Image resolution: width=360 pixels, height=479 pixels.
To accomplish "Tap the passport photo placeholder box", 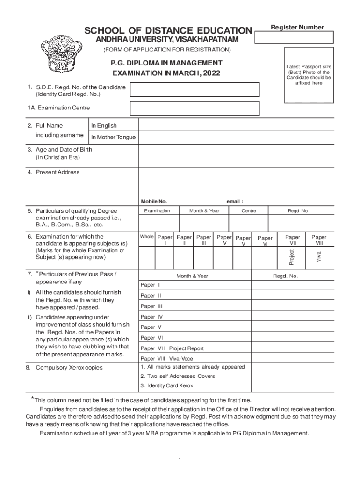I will tap(309, 75).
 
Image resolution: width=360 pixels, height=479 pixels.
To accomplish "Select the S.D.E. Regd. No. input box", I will tap(194, 90).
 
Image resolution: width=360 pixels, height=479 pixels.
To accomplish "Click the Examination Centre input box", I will tap(194, 108).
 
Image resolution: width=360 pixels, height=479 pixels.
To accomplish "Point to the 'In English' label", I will tap(104, 126).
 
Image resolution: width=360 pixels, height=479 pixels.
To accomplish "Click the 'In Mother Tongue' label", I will tap(113, 138).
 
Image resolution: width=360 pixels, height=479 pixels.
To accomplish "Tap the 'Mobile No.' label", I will tap(154, 202).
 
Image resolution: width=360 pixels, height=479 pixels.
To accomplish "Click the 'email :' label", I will tap(235, 202).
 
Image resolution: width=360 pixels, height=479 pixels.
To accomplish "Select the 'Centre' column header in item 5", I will tap(249, 211).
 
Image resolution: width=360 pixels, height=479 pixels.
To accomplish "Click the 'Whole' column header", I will tap(147, 237).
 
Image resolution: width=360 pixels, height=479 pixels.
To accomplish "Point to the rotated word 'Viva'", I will tap(318, 257).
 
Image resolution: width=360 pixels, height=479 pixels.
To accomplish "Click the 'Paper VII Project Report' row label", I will tap(172, 348).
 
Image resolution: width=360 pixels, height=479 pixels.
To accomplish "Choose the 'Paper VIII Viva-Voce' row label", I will tap(167, 359).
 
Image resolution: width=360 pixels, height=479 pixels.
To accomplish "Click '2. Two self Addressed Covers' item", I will tap(178, 376).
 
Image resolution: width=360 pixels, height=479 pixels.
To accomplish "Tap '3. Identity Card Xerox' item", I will tap(166, 386).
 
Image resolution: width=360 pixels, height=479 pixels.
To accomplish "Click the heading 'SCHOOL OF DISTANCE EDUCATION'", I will tap(168, 31).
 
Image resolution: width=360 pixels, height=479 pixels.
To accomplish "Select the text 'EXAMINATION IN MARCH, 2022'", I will tap(166, 73).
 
